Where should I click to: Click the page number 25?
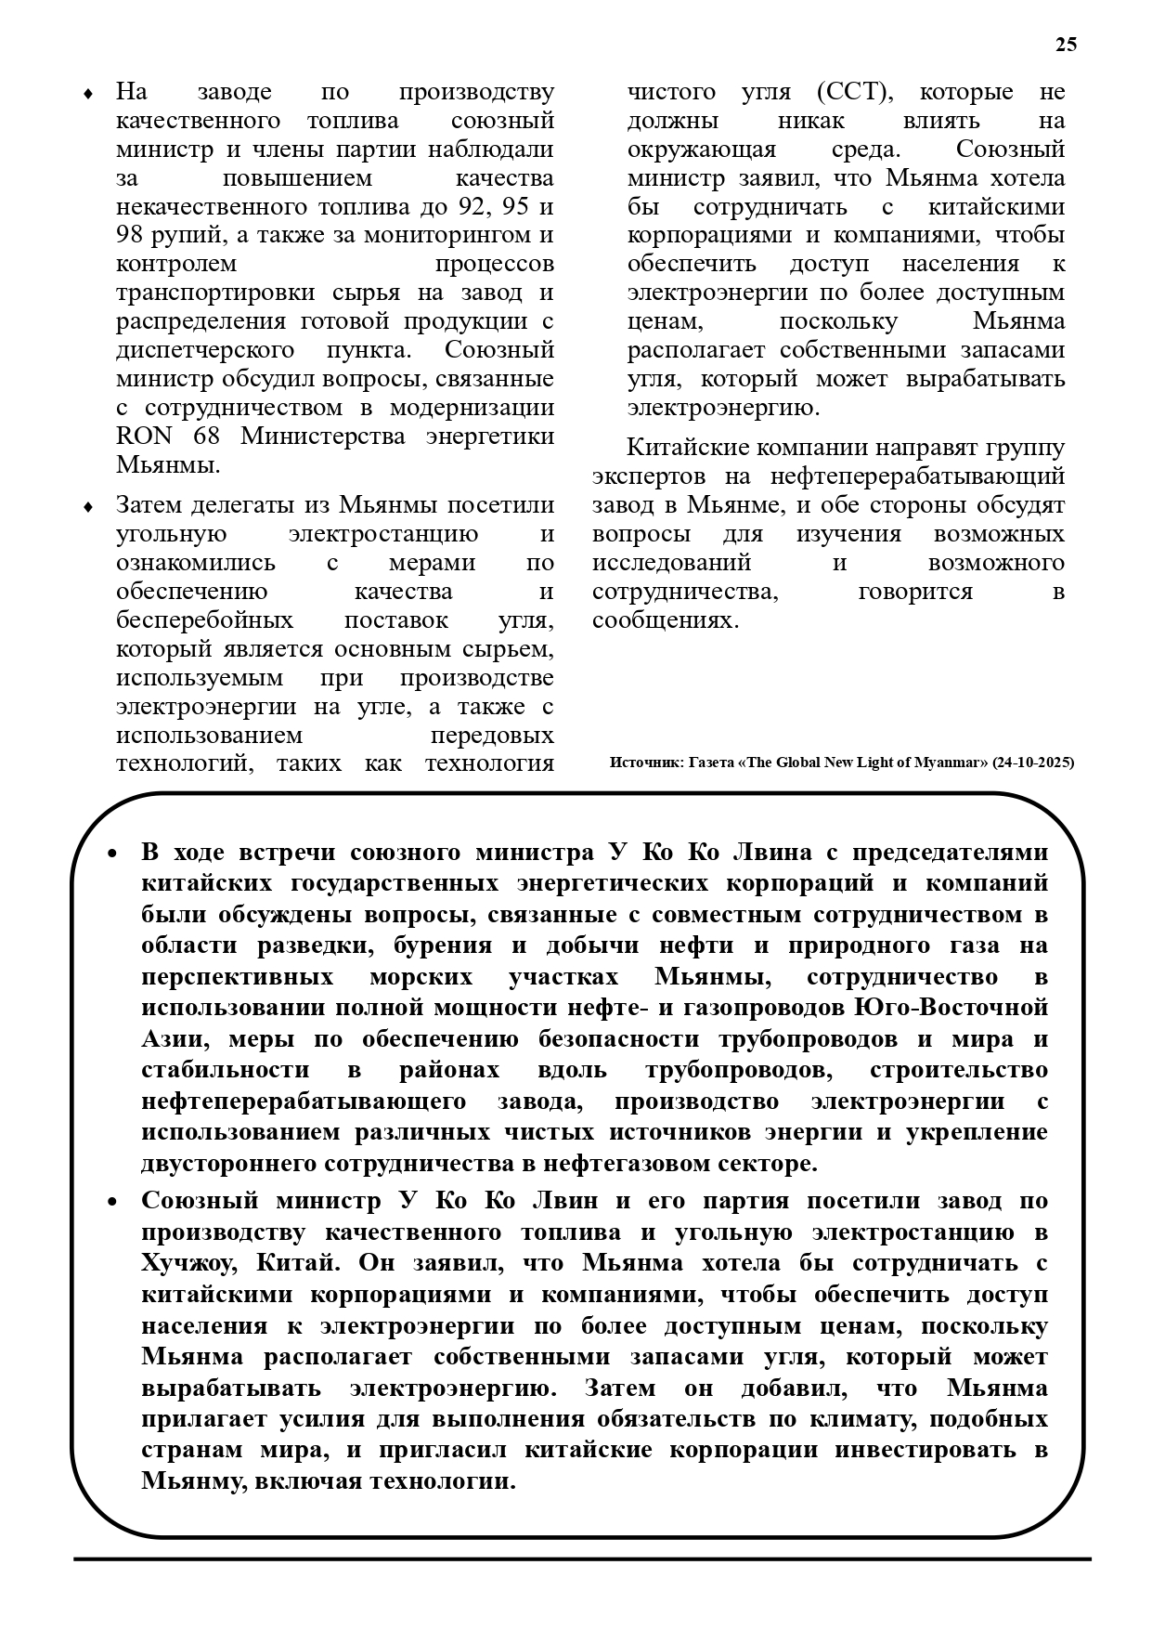pyautogui.click(x=1066, y=45)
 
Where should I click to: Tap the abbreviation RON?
pyautogui.click(x=142, y=436)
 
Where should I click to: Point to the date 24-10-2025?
pyautogui.click(x=1032, y=763)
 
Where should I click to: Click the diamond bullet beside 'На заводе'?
pyautogui.click(x=87, y=93)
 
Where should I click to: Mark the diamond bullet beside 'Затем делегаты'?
pyautogui.click(x=87, y=506)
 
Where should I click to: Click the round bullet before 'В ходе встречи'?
pyautogui.click(x=112, y=854)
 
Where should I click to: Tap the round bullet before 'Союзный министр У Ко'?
pyautogui.click(x=112, y=1202)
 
